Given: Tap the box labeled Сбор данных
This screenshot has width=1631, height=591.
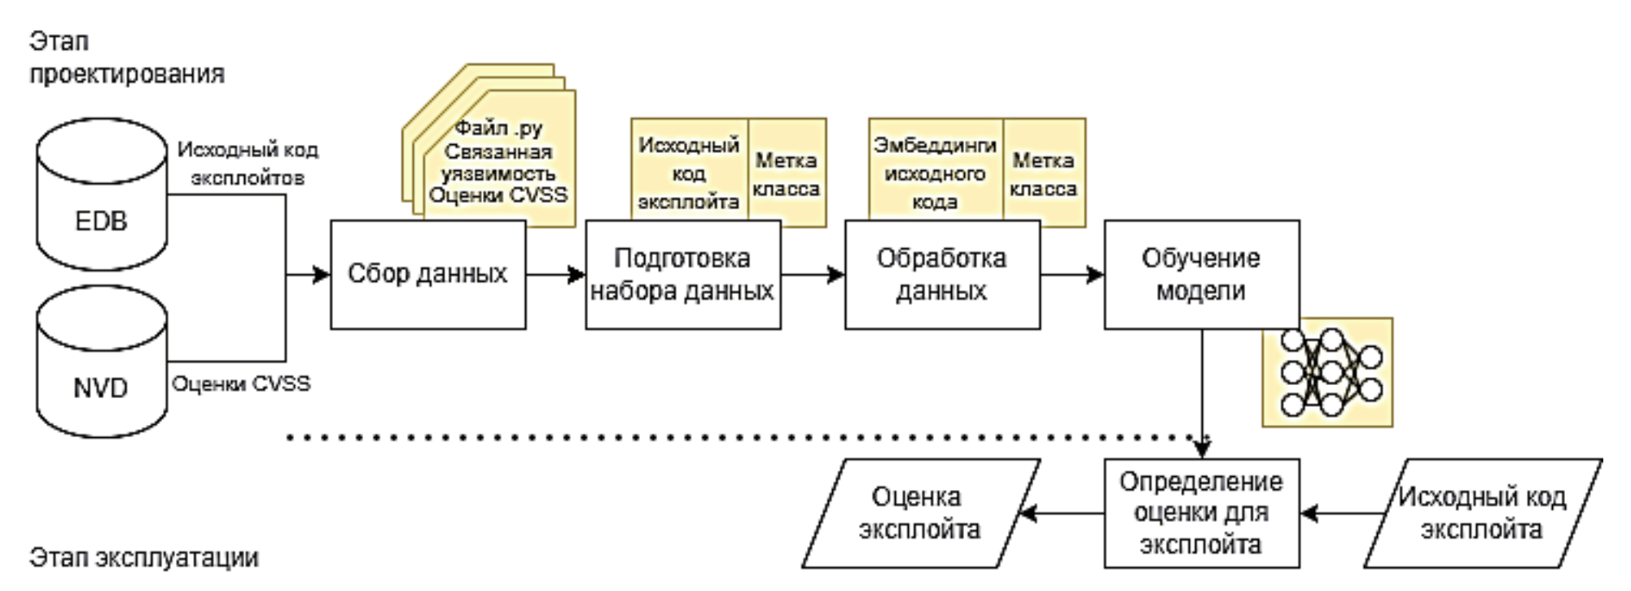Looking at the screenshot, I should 427,274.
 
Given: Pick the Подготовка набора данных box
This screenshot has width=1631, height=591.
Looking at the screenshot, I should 682,274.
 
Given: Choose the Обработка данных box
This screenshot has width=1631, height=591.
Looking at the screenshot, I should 942,274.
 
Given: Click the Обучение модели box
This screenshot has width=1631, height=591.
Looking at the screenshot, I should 1201,274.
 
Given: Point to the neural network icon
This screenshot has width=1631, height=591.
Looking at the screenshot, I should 1328,372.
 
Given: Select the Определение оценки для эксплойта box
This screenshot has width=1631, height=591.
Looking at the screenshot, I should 1201,513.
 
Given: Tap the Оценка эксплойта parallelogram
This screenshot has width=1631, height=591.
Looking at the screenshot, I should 920,513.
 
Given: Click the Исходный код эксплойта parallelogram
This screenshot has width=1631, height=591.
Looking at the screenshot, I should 1482,513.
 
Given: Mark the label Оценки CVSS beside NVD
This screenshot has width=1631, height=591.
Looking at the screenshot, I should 241,383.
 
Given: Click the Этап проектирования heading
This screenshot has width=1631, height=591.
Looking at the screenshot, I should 126,57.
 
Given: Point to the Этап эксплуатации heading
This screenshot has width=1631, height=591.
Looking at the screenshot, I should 144,558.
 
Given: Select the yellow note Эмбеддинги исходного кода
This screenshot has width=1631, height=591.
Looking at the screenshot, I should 935,172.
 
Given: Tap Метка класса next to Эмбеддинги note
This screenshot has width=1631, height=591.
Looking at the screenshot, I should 1043,173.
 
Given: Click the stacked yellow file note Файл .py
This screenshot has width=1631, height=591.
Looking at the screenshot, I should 498,161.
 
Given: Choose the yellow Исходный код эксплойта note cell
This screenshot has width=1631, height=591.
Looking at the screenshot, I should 689,172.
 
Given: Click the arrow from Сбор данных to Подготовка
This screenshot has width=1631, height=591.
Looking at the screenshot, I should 555,274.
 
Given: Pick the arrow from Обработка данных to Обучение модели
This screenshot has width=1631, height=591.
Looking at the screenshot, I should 1072,274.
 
